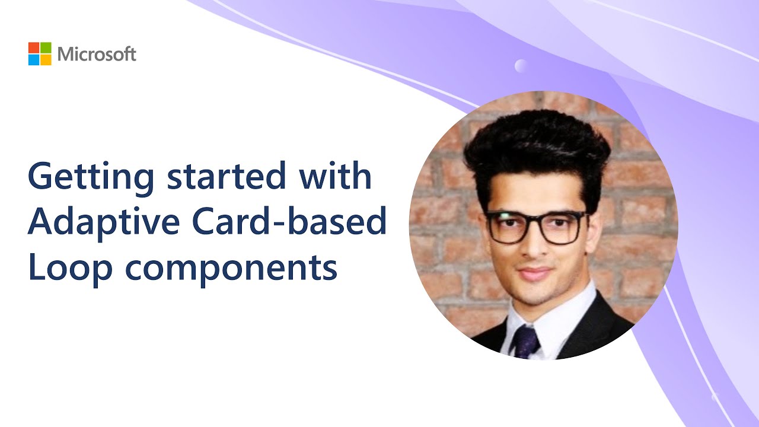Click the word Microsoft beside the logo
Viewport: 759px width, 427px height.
point(97,55)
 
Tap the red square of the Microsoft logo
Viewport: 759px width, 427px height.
point(34,47)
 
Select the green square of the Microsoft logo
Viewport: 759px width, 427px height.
point(46,47)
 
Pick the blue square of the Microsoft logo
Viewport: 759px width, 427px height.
point(34,59)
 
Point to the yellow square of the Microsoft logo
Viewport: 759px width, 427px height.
point(46,59)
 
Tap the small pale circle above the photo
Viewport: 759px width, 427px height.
point(521,66)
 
